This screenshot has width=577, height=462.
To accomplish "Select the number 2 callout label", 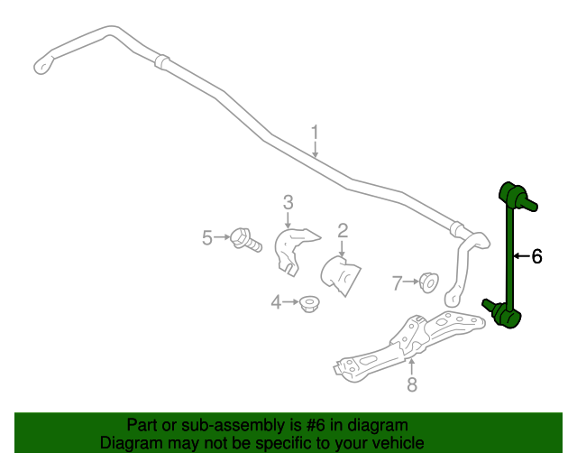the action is click(343, 231).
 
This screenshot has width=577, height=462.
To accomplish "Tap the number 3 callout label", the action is click(288, 202).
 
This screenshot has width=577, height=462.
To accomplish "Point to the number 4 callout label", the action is click(276, 302).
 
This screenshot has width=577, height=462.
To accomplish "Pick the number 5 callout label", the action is click(207, 237).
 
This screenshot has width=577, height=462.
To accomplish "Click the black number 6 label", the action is click(537, 256).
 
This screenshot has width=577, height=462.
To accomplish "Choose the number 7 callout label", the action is click(397, 283).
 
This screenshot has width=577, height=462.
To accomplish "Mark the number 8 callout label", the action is click(412, 384).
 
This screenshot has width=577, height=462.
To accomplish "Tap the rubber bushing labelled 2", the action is click(341, 275).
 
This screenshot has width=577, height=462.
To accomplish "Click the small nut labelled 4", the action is click(309, 304).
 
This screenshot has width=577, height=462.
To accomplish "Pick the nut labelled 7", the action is click(429, 282).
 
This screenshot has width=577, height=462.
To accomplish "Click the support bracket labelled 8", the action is click(408, 346).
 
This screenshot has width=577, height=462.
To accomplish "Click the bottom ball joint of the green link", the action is click(502, 313).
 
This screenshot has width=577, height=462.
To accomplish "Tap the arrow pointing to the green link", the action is click(521, 255).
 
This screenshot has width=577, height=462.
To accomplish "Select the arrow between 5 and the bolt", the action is click(222, 237).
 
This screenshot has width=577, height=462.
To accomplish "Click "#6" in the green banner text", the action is click(316, 425).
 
